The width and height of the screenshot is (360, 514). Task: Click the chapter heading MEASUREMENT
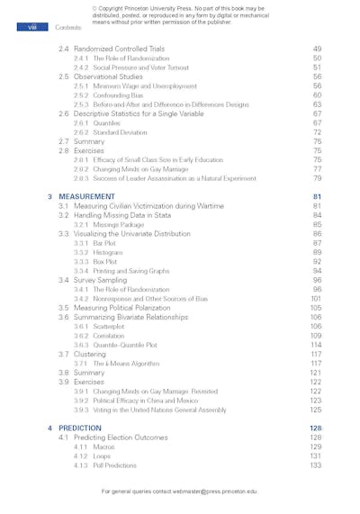(x=86, y=195)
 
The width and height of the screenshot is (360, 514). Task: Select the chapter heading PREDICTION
(x=80, y=428)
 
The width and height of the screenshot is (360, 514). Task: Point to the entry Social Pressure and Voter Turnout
(x=134, y=67)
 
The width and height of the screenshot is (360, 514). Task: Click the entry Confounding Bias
(x=114, y=95)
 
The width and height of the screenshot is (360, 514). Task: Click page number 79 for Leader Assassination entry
(x=317, y=178)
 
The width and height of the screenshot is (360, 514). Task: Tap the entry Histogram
(x=108, y=252)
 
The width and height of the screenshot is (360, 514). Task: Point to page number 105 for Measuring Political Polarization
(x=315, y=308)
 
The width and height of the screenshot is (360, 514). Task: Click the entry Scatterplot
(x=109, y=326)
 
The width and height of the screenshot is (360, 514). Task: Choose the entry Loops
(x=102, y=455)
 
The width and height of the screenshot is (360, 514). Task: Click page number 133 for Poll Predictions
(x=315, y=465)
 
